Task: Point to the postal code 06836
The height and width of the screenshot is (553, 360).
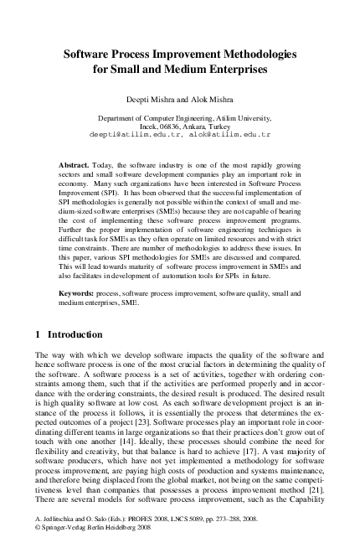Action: [x=171, y=125]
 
